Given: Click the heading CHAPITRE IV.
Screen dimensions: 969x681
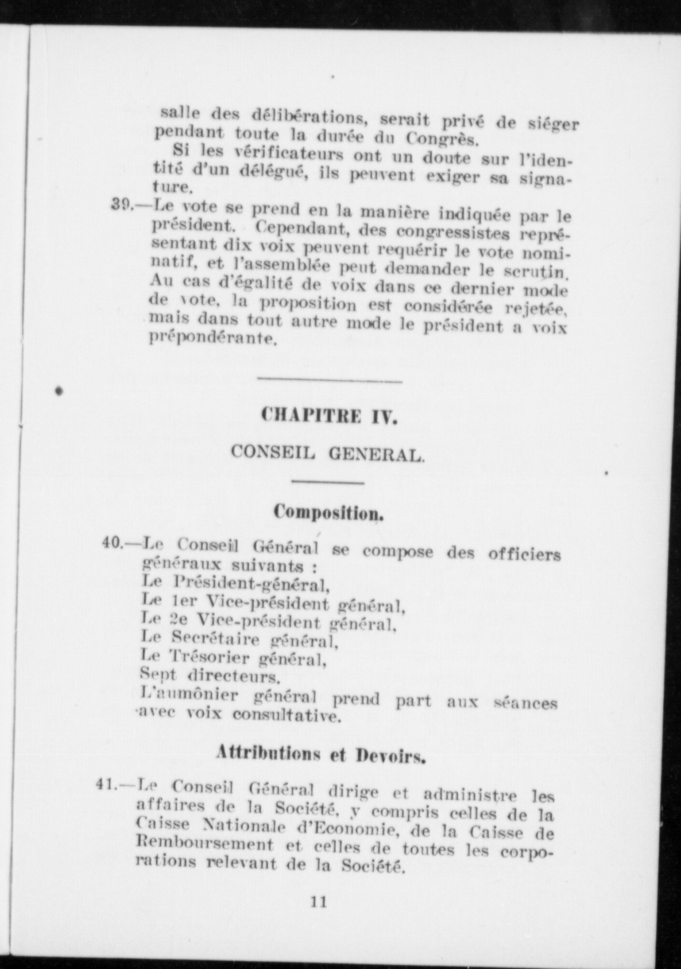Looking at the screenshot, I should (x=329, y=417).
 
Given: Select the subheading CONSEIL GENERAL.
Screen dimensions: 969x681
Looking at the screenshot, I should (x=328, y=453).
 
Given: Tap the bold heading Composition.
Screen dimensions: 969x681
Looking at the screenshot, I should (x=329, y=512).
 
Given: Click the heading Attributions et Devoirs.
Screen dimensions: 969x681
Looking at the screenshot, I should (x=321, y=754).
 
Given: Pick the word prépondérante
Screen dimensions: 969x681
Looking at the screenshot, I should (x=212, y=339).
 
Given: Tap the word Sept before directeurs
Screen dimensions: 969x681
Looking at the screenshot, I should (x=158, y=674).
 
